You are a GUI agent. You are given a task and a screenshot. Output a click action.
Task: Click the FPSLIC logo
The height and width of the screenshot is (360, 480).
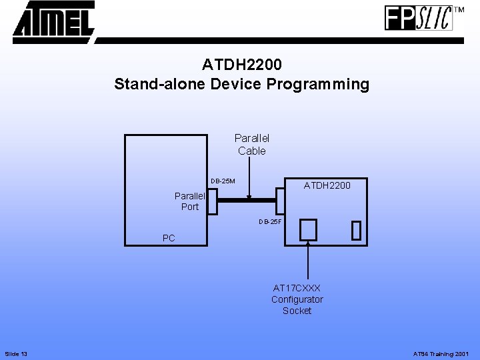point(418,18)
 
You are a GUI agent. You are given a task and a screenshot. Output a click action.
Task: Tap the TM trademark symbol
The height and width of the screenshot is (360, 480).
point(459,10)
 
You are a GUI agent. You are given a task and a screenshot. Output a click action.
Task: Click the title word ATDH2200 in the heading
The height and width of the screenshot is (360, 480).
point(242,65)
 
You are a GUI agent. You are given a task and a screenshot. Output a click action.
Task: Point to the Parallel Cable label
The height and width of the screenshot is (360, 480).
point(252,145)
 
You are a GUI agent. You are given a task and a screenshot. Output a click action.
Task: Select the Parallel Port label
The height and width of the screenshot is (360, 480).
point(190,201)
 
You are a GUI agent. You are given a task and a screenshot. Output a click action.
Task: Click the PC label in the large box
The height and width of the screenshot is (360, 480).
point(169,238)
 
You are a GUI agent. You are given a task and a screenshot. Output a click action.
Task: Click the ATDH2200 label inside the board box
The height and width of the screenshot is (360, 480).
point(327,185)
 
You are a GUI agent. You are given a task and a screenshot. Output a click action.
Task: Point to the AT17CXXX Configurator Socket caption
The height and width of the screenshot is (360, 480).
point(297,299)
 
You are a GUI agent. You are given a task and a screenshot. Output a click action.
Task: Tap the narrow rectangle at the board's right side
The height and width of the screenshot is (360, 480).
point(356,230)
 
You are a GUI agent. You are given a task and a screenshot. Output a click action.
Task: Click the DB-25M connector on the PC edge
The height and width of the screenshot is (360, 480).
point(212,200)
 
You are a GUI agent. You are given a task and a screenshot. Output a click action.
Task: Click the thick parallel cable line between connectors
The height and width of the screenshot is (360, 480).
point(247,200)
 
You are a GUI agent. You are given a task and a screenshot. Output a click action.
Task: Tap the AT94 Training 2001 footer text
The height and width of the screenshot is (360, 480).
point(441,353)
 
